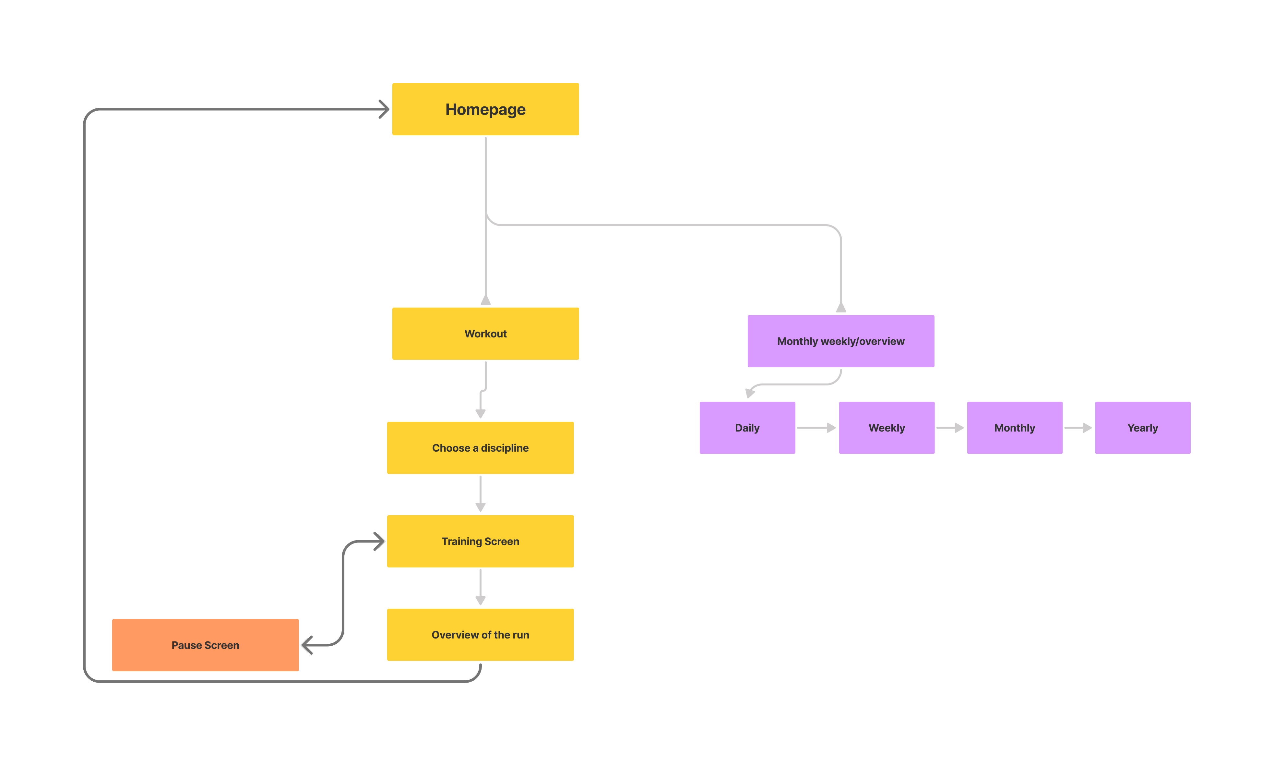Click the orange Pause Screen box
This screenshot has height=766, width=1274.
coord(205,645)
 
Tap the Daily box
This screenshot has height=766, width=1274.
coord(747,427)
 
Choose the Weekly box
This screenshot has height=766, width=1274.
coord(886,427)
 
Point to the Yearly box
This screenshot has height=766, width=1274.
coord(1142,427)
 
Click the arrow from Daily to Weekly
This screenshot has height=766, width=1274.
coord(816,427)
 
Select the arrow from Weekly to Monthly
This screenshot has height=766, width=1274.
coord(949,427)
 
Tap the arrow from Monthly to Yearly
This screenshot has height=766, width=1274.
coord(1078,427)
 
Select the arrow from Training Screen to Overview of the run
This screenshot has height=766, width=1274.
coord(480,587)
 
